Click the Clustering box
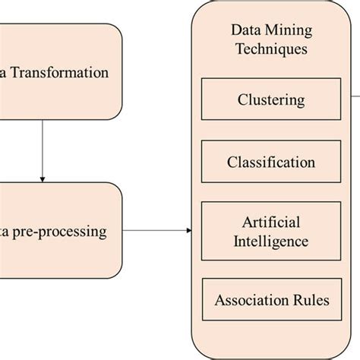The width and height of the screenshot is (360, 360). pos(271,99)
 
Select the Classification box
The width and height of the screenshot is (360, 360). pos(271,162)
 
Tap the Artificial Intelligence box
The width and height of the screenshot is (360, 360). pos(271,232)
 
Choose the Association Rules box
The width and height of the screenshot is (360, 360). pos(271,300)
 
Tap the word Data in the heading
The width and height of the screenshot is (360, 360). pos(245,31)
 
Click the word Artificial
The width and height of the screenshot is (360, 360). pos(271,223)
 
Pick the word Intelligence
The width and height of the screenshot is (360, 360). pos(271,242)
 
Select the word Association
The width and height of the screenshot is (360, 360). pos(251,300)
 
